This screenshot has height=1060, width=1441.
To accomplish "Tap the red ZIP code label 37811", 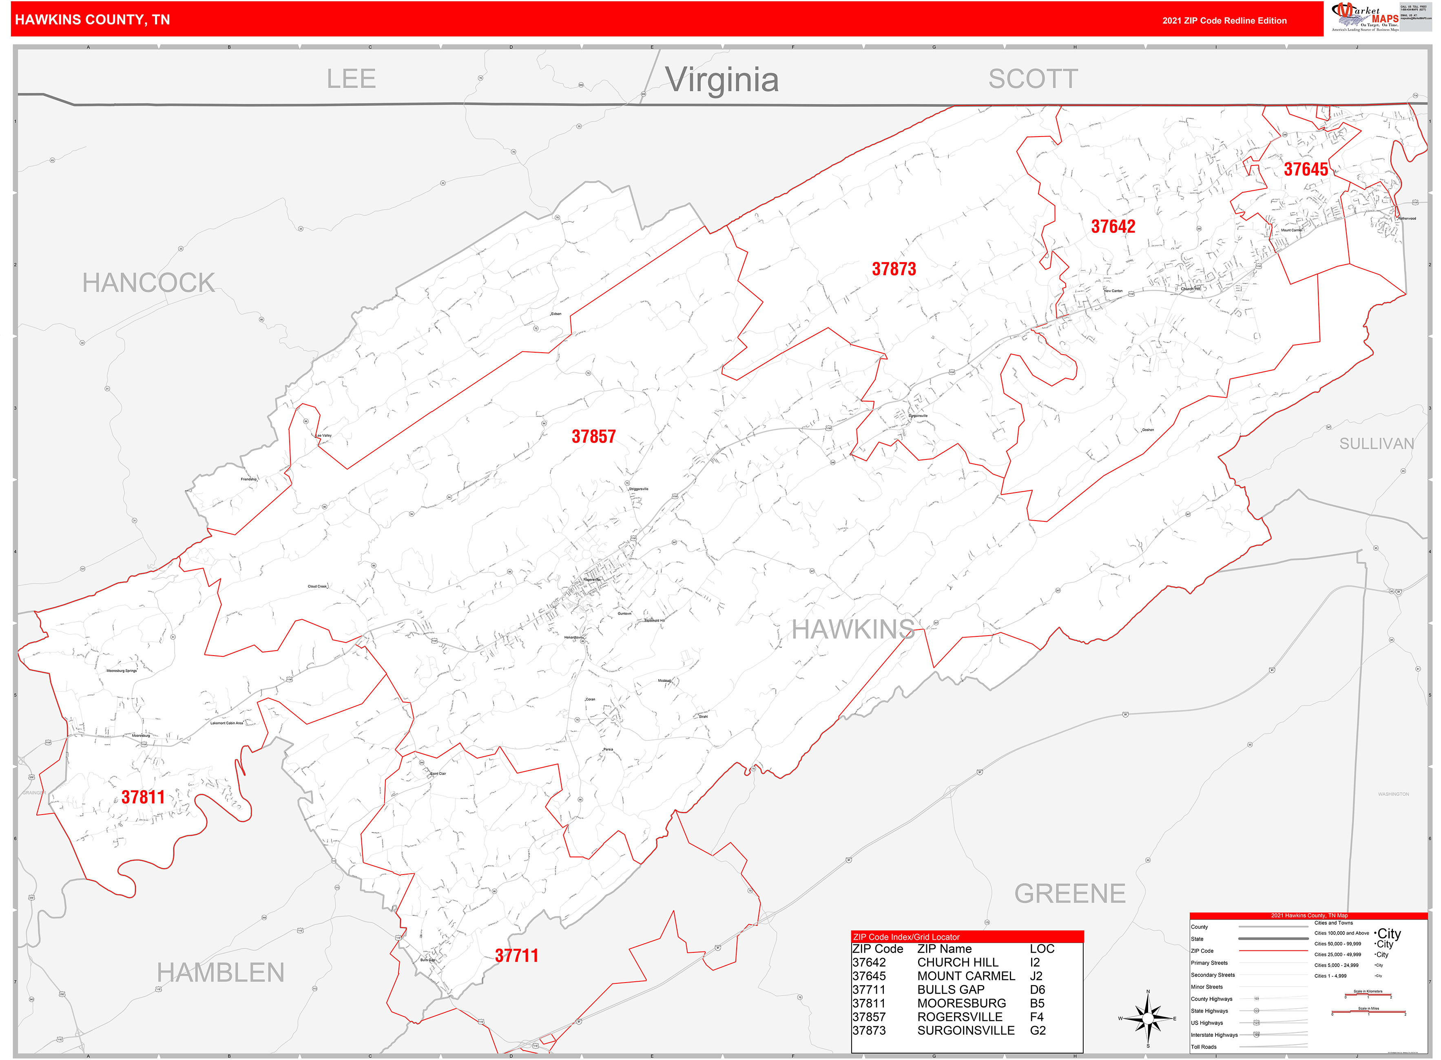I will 143,797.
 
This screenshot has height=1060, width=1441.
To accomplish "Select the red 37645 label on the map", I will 1306,169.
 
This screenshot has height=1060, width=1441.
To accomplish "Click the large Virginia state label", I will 722,80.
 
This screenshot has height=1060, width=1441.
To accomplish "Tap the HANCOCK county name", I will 148,283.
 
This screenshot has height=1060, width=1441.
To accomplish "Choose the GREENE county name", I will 1070,894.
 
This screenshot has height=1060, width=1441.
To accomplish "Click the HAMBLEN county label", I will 220,973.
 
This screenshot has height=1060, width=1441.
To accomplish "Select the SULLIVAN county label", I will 1376,444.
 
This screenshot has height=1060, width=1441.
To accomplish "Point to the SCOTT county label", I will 1033,79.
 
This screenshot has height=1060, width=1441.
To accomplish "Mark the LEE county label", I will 351,79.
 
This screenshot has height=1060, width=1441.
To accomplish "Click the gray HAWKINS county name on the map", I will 853,629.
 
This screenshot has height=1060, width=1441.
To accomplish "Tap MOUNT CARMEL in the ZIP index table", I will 966,976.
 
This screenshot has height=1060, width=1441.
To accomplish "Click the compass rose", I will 1148,1018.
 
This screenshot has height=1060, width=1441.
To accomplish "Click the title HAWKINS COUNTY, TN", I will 93,20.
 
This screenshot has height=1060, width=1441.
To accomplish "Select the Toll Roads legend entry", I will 1204,1047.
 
